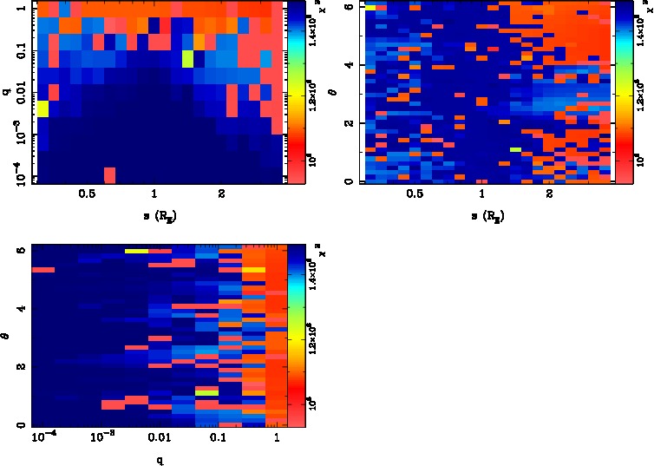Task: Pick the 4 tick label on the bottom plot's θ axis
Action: [x=21, y=309]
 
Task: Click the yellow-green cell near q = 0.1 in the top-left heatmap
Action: [x=187, y=59]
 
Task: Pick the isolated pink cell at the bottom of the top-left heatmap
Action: [x=109, y=174]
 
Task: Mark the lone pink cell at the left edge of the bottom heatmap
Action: [x=43, y=270]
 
